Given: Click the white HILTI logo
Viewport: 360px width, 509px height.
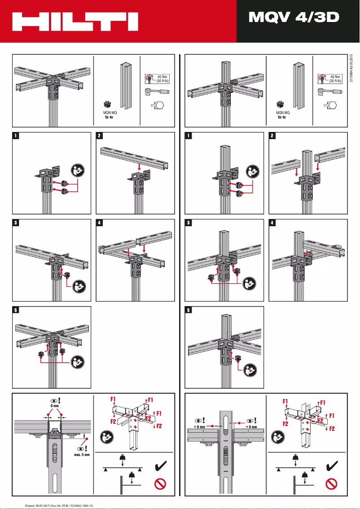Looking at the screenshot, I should [75, 22].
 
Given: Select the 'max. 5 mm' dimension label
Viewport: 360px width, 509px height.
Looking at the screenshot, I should [83, 454].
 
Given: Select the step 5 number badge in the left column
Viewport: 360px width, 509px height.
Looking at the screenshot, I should [15, 310].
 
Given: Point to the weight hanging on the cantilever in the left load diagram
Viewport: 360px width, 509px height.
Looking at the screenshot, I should [132, 476].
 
